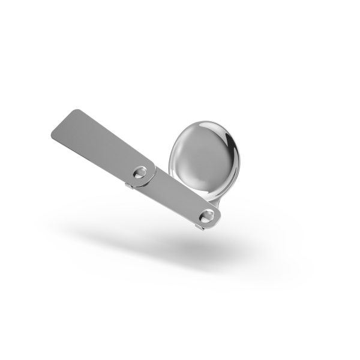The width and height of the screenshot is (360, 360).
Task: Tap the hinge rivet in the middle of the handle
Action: [x=141, y=172]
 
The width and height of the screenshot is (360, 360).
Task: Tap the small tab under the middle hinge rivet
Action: [x=129, y=185]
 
